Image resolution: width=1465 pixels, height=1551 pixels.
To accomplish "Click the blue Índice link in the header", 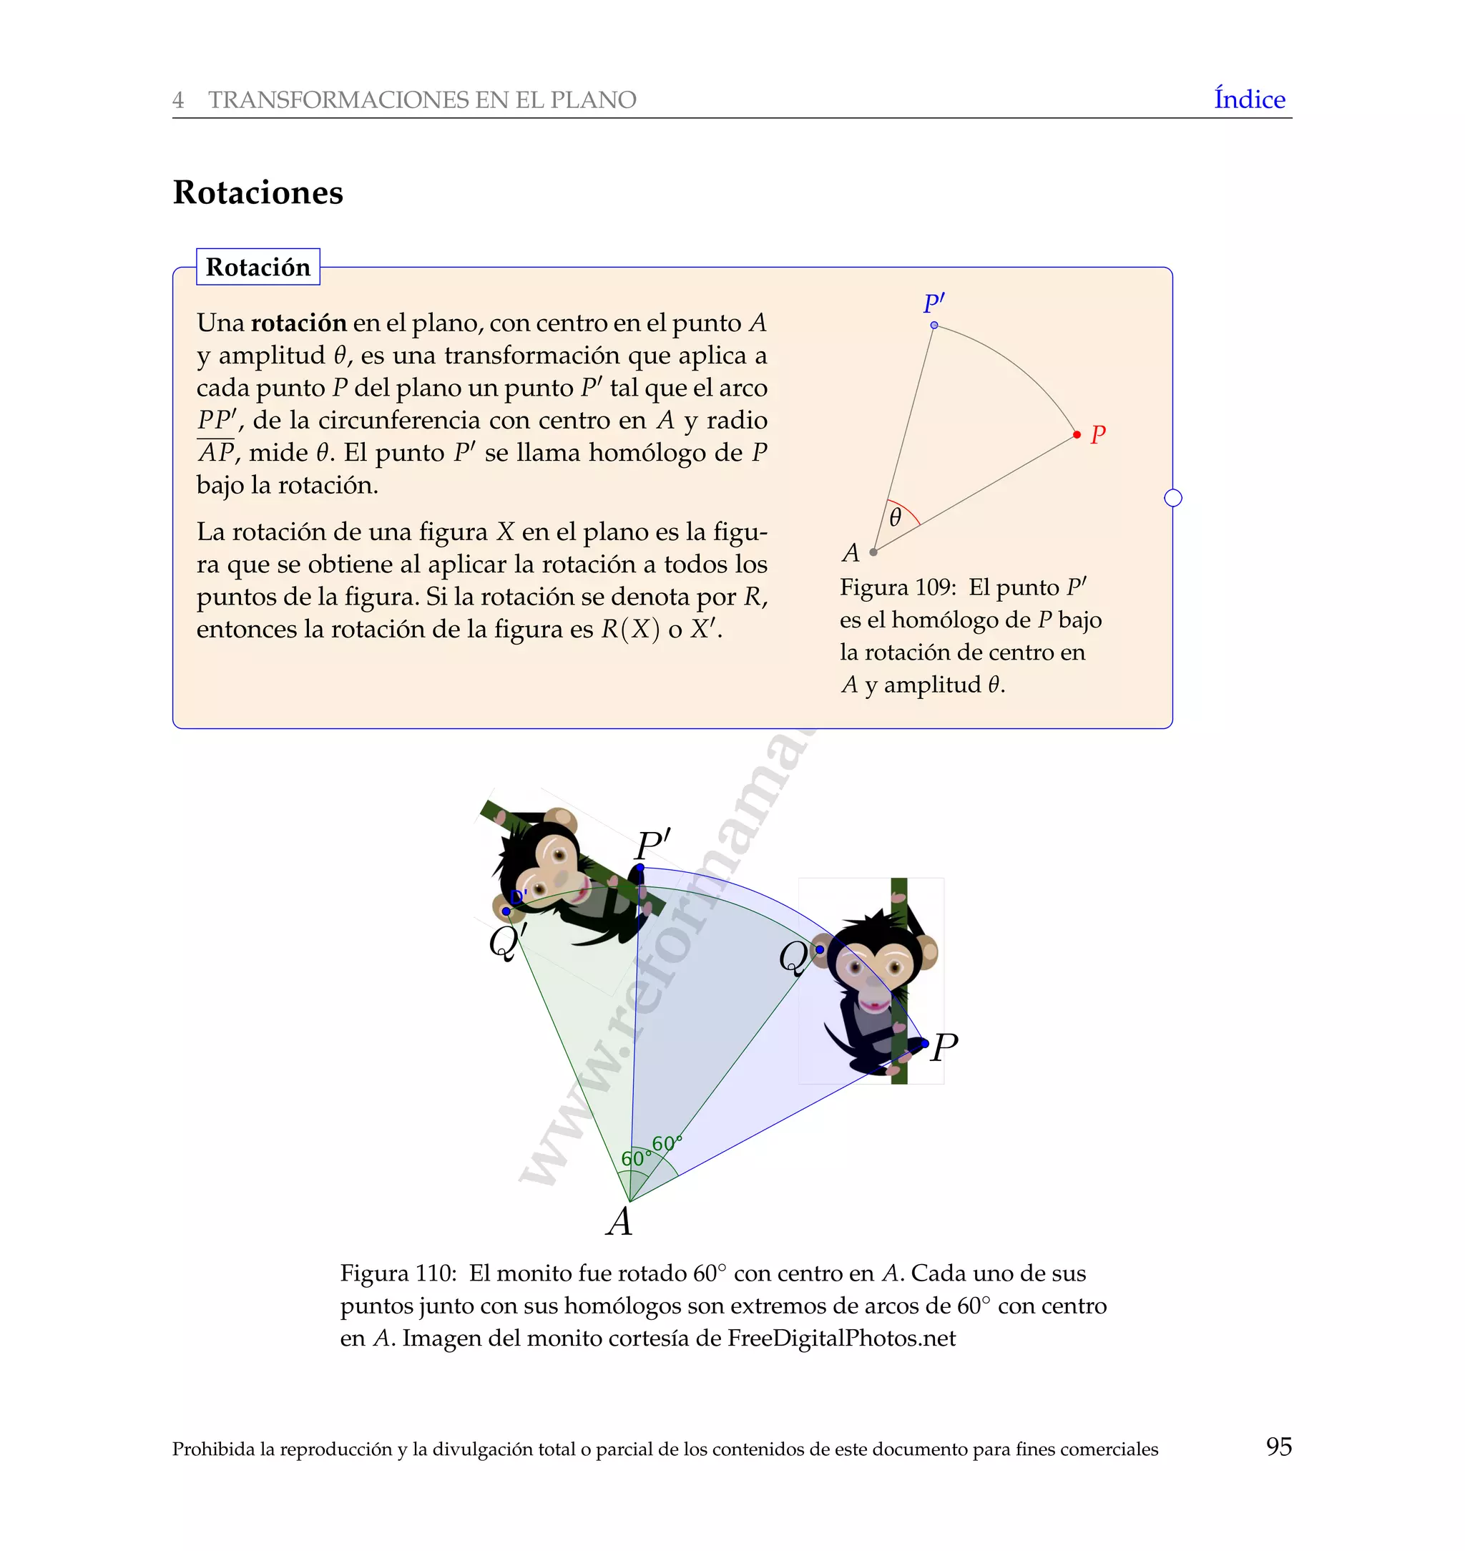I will click(x=1249, y=99).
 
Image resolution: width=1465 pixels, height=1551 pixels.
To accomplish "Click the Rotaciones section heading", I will click(x=258, y=192).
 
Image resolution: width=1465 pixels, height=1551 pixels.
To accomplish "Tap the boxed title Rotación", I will click(x=258, y=267).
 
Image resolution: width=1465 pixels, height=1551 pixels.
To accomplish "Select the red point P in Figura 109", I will click(x=1077, y=434).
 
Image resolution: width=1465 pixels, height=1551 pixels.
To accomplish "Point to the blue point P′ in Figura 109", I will click(x=934, y=325).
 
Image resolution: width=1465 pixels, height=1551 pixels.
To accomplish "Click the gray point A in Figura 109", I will click(x=873, y=552).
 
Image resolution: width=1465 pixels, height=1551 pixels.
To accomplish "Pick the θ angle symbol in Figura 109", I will click(x=895, y=517).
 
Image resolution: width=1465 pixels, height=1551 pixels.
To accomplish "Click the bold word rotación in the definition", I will click(x=298, y=323).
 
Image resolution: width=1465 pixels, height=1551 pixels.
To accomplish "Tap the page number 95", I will click(x=1278, y=1447).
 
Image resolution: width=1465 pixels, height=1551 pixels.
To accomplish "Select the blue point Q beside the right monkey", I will click(x=819, y=949).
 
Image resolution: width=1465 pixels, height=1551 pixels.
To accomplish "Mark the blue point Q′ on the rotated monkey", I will click(x=506, y=911).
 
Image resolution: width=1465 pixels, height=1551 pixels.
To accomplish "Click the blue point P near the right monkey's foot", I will click(x=925, y=1043).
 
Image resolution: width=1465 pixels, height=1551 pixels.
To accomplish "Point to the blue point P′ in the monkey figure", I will click(x=640, y=868).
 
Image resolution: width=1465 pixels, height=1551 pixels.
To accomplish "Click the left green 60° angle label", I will click(x=634, y=1158).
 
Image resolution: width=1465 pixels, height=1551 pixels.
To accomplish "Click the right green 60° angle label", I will click(x=666, y=1143).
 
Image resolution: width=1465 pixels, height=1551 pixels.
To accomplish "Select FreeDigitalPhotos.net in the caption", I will click(x=841, y=1339).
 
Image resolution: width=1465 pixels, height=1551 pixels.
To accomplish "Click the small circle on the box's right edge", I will click(x=1172, y=497).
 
